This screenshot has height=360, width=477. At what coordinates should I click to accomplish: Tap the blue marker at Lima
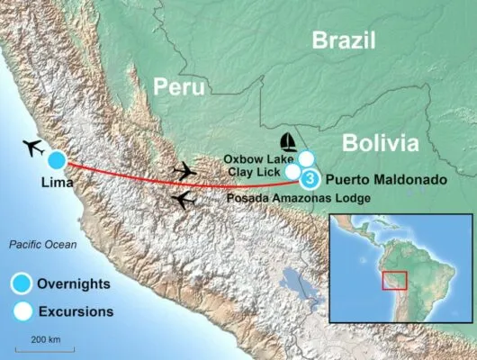click(x=57, y=160)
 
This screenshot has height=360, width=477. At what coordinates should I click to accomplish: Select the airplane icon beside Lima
click(x=31, y=148)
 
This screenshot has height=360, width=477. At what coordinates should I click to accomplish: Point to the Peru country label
click(x=178, y=85)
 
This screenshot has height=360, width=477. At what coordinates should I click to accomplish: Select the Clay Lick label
click(x=256, y=170)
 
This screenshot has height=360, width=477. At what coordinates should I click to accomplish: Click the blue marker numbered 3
click(x=310, y=179)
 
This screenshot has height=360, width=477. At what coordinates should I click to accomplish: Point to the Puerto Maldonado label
click(x=385, y=180)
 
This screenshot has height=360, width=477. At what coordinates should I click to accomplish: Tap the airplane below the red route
click(x=184, y=199)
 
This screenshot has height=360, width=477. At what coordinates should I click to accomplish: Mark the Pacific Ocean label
click(x=42, y=245)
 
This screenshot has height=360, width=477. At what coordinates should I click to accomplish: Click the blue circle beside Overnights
click(x=19, y=284)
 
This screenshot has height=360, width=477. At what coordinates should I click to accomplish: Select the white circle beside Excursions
click(x=19, y=312)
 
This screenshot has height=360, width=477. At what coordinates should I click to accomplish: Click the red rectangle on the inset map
click(x=394, y=280)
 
